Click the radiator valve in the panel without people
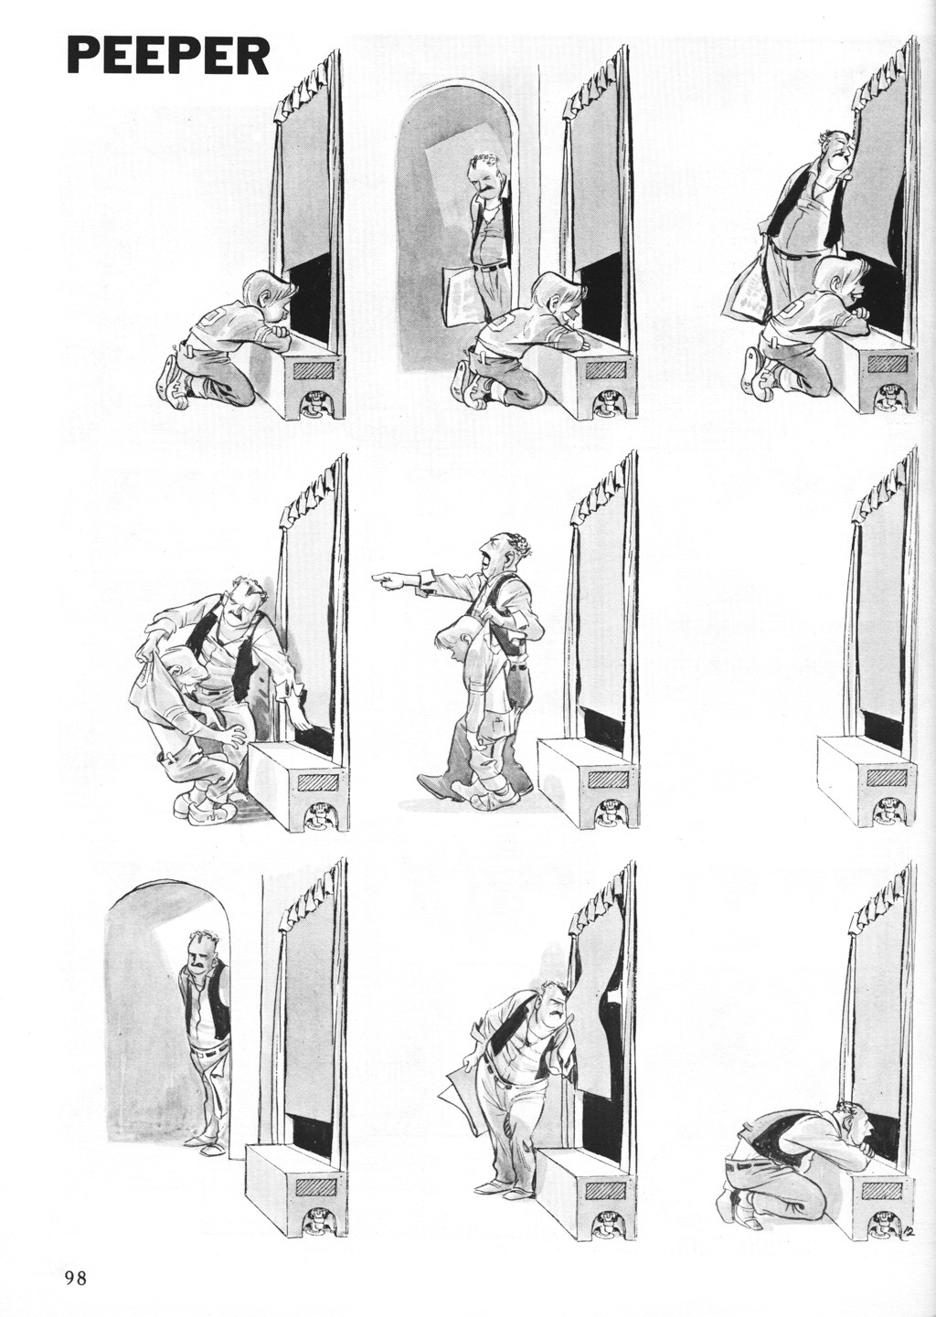(893, 813)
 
